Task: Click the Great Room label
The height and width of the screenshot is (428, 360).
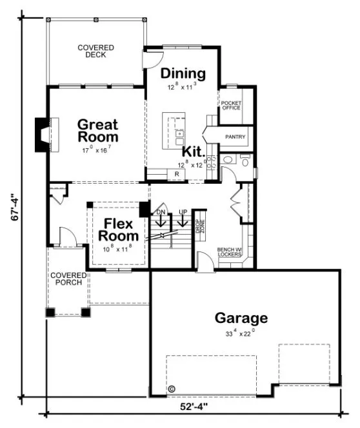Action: point(98,130)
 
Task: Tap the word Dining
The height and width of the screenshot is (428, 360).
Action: point(183,73)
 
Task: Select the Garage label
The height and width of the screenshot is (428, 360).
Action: point(241,318)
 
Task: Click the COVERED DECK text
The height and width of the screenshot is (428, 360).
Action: point(95,51)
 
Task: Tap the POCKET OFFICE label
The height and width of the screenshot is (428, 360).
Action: point(230,106)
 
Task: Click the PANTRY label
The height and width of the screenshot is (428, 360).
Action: point(235,137)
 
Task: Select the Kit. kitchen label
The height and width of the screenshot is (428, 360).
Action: point(194,152)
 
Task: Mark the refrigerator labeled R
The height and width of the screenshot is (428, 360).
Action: point(176,174)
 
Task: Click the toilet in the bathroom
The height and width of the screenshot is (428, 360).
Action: point(245,162)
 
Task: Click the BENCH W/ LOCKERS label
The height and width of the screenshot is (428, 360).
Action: point(229,252)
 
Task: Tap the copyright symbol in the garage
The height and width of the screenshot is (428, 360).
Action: point(172,389)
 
